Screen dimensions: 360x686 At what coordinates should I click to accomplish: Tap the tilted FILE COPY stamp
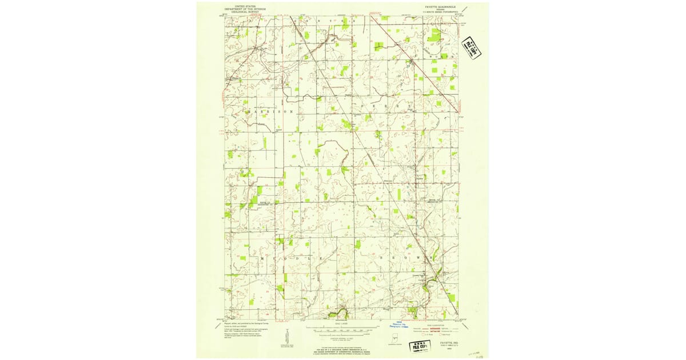click(471, 47)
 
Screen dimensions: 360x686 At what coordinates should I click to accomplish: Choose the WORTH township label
click(440, 57)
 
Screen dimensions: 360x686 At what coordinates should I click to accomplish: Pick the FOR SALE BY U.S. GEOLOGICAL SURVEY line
click(340, 348)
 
